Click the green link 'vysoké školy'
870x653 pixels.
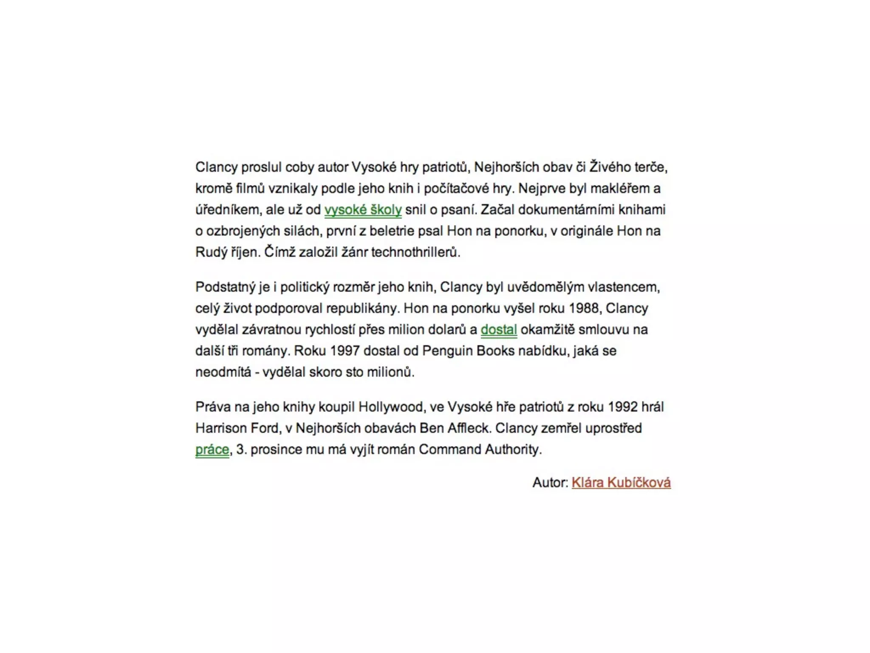click(x=363, y=210)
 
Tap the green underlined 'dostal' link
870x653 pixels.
click(x=499, y=330)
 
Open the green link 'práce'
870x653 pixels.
click(x=212, y=450)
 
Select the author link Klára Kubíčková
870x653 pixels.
click(x=621, y=483)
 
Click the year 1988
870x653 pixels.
click(x=585, y=309)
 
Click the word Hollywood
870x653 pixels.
click(x=391, y=407)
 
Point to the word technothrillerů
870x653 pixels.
click(x=415, y=253)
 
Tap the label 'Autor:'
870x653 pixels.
click(x=550, y=483)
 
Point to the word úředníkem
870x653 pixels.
click(x=227, y=210)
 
